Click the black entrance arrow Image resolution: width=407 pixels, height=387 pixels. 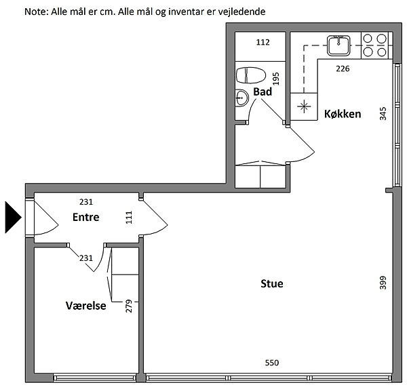point(13,218)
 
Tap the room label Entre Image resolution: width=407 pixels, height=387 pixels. point(85,217)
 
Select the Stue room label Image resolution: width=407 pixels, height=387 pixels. point(272,283)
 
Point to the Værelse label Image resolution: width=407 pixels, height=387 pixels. point(85,306)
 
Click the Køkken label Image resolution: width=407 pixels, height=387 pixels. point(343,114)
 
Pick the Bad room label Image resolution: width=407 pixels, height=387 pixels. point(263,91)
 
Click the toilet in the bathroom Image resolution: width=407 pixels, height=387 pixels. point(251,75)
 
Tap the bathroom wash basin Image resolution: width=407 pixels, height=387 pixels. point(241,98)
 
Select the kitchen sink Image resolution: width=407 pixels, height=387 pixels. point(338,45)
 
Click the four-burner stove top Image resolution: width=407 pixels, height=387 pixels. point(375,45)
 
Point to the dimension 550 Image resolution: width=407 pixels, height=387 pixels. point(272,363)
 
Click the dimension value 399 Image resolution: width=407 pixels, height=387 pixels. point(383,283)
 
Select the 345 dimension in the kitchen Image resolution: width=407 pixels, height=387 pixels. point(383,114)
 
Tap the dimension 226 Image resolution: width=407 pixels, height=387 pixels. point(343,68)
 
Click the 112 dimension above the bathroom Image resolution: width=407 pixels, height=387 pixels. point(263,42)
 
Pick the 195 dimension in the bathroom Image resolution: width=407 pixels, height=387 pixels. point(276,79)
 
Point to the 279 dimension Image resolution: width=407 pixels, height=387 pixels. point(129,306)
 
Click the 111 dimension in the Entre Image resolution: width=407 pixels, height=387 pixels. point(129,218)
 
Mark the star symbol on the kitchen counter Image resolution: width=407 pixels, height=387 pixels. point(304,106)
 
